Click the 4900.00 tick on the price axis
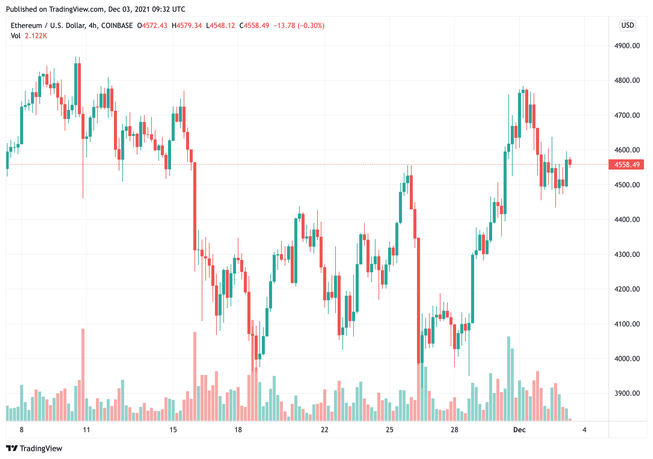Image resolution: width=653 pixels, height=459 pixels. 627,46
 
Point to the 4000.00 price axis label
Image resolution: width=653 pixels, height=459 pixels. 627,358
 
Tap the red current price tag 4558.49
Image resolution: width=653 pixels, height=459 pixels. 626,164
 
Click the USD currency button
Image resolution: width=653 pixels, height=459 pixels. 627,25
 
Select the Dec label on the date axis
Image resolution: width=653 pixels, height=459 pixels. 519,430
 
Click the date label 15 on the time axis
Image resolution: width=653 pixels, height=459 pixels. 173,430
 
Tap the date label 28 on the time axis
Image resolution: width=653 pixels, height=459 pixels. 454,430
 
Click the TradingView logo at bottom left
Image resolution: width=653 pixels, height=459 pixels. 34,448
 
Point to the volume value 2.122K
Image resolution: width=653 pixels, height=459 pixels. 36,36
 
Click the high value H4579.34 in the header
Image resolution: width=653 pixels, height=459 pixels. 186,26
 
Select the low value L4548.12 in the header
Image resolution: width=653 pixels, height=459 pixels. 220,26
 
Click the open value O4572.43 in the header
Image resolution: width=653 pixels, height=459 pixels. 152,26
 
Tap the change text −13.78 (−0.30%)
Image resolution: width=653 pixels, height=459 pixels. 299,26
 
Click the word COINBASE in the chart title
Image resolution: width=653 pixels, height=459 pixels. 117,26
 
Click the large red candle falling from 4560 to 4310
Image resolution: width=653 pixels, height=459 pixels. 195,206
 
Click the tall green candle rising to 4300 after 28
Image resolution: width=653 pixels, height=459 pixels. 473,289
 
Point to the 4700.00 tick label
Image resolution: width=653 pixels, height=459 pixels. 627,115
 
